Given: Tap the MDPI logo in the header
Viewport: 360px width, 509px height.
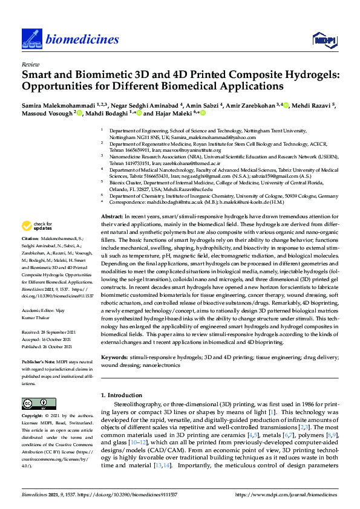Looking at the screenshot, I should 324,40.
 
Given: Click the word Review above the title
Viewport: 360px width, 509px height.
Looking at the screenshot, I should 30,63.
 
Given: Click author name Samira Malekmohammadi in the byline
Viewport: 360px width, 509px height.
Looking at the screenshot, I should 58,106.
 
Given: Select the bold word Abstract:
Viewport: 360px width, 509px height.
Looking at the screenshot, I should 113,216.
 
